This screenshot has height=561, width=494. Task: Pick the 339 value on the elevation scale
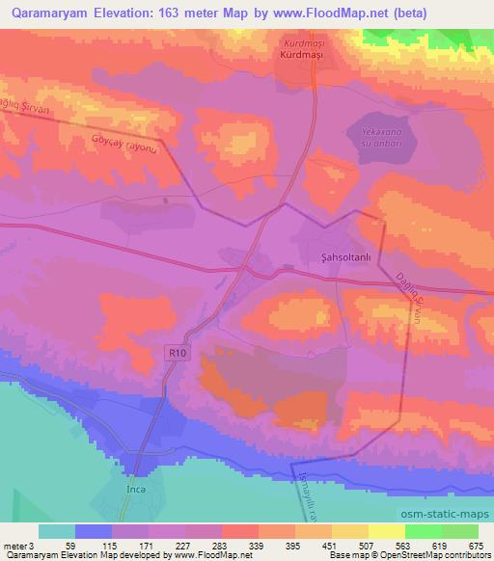coord(256,545)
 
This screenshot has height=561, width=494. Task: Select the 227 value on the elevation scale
coord(183,545)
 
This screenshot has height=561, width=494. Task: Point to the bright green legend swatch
coord(424,531)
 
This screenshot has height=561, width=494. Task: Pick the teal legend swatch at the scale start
coord(57,531)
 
